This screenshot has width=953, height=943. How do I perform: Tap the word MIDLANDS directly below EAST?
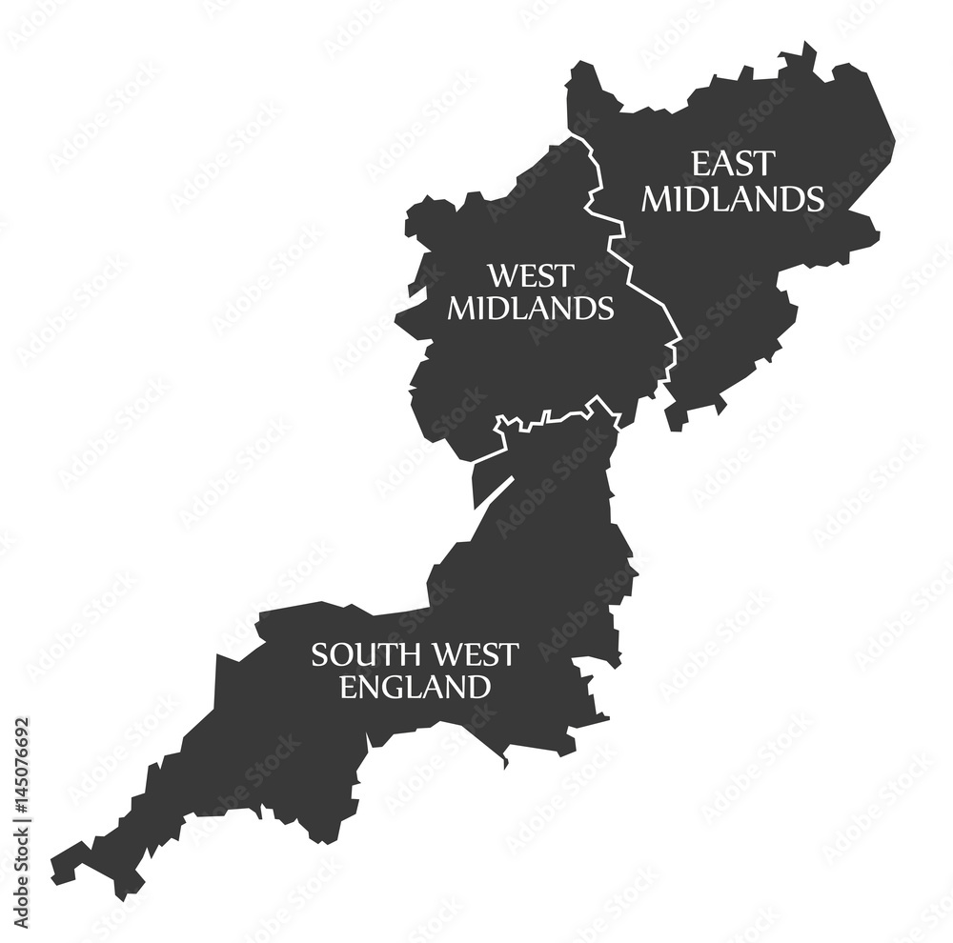(732, 198)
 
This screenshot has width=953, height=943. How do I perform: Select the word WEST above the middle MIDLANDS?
(531, 276)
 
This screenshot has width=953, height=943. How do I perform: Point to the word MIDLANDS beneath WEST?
(531, 309)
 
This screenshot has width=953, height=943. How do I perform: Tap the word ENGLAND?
(415, 686)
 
